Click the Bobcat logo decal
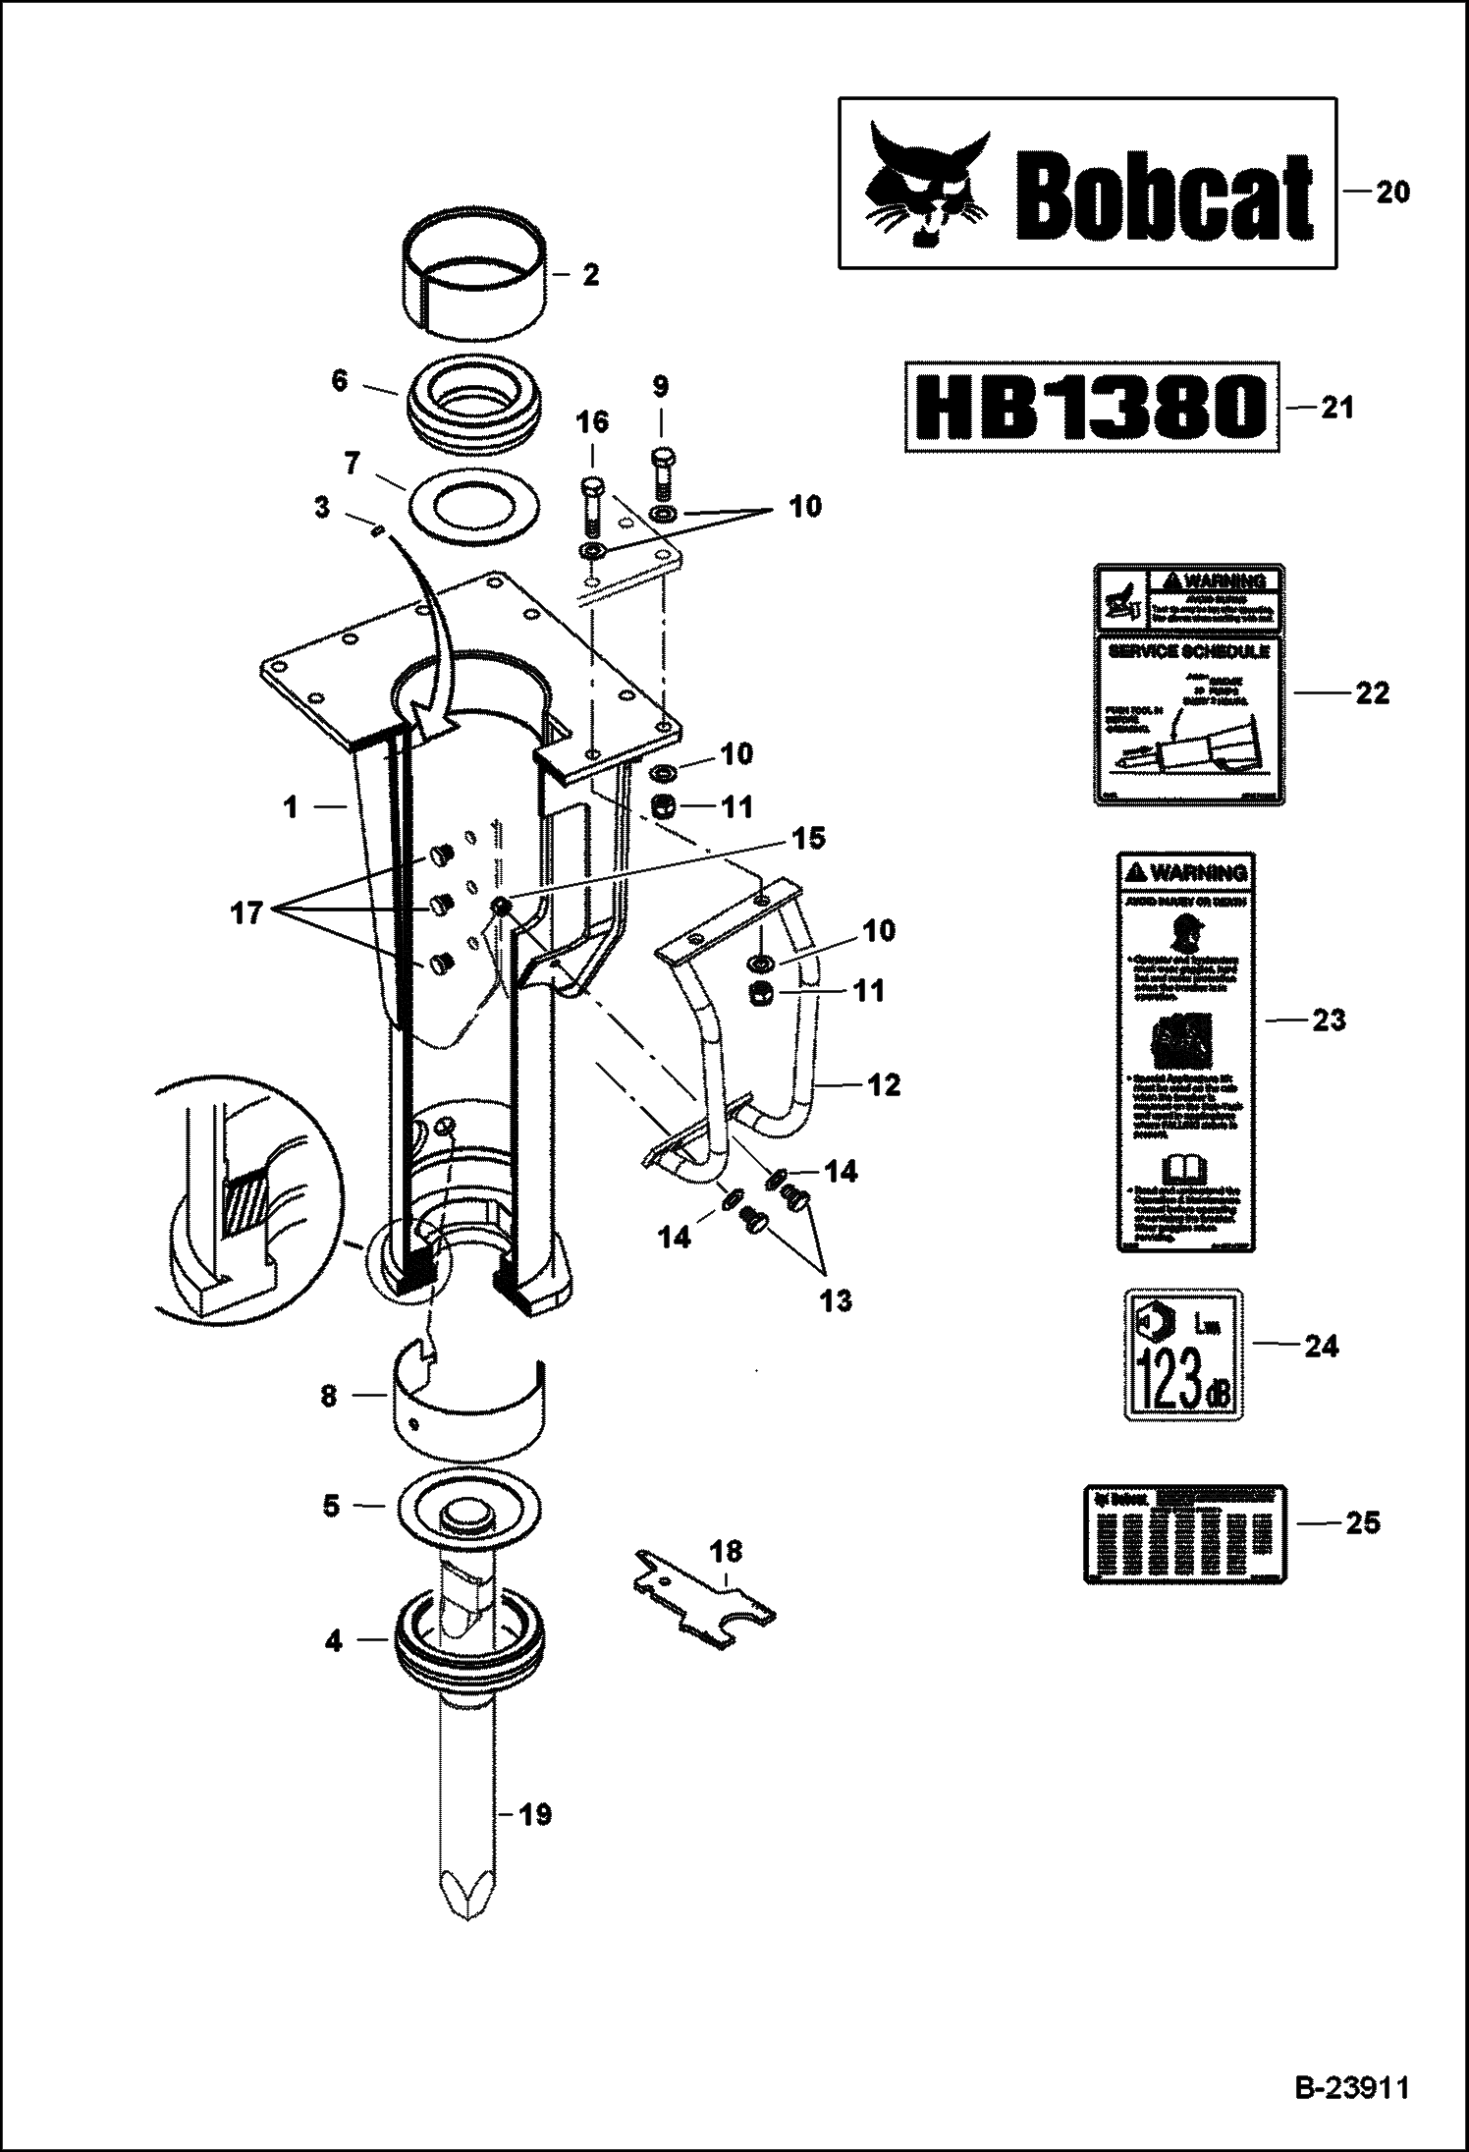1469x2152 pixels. [1087, 183]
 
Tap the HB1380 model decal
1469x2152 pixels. [1092, 408]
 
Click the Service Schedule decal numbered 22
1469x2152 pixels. [1189, 685]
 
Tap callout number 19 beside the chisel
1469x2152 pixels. [534, 1814]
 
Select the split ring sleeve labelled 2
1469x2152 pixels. [475, 267]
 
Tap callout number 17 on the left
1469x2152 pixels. [245, 912]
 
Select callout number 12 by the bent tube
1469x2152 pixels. [884, 1084]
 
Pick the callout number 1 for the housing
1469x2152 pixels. [290, 807]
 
